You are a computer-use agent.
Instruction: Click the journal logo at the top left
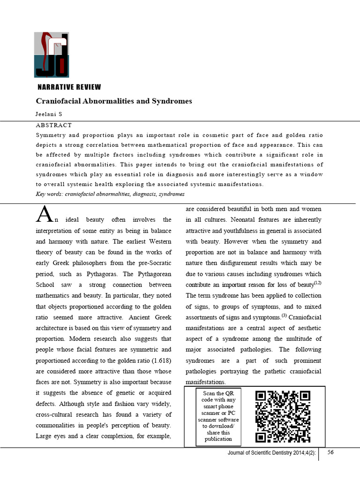[52, 54]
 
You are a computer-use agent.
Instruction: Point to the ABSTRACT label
[54, 126]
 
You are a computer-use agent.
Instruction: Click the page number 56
[330, 453]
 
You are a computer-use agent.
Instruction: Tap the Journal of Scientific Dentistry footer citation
[272, 454]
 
